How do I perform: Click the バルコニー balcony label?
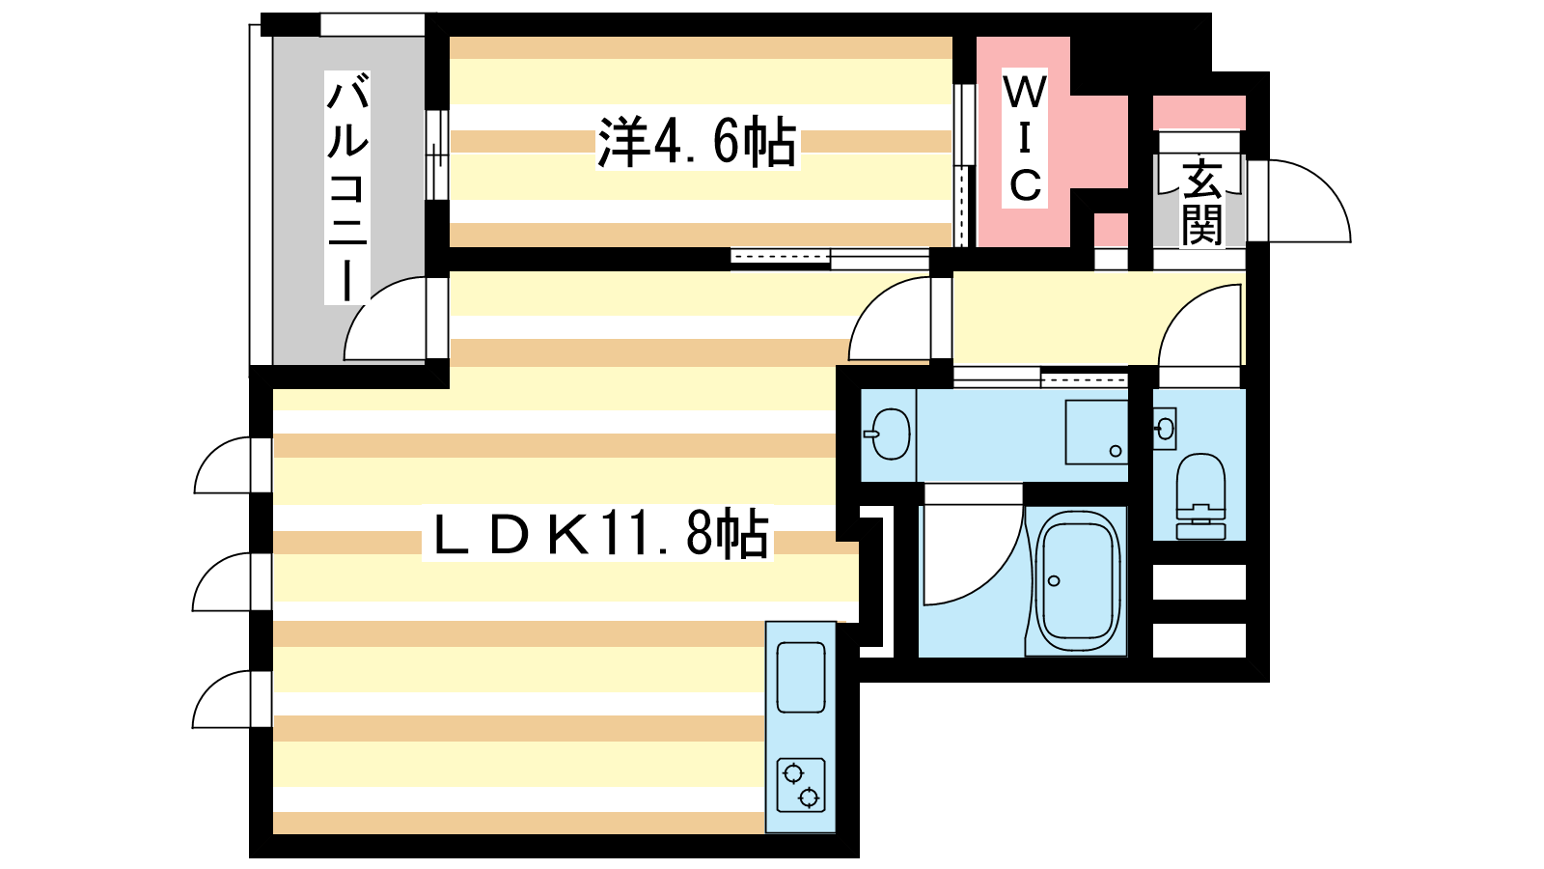pyautogui.click(x=347, y=187)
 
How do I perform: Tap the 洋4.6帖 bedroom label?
pyautogui.click(x=697, y=143)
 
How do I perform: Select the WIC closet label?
pyautogui.click(x=1024, y=138)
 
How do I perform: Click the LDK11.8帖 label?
pyautogui.click(x=597, y=535)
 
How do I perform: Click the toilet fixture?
pyautogui.click(x=1200, y=496)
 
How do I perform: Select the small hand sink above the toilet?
pyautogui.click(x=1164, y=429)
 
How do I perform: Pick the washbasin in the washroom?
pyautogui.click(x=890, y=434)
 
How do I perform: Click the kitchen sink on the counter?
pyautogui.click(x=801, y=677)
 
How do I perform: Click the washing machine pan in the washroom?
pyautogui.click(x=1096, y=433)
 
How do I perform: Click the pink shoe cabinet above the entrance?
pyautogui.click(x=1199, y=113)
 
